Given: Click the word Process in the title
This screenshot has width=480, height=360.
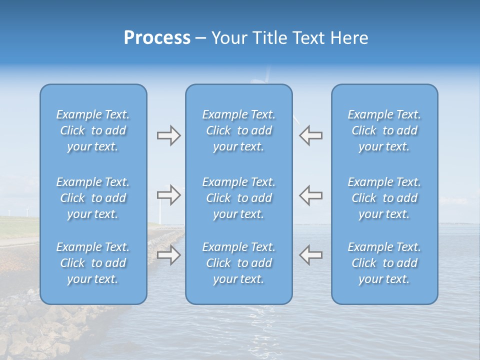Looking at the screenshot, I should pos(157,38).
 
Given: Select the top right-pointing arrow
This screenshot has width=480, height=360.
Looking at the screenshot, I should pos(168,135).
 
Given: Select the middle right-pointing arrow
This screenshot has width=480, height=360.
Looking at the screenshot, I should pos(168,195).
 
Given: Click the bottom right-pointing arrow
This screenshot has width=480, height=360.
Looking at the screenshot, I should pos(168,255).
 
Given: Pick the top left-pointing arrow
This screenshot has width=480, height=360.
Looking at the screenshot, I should pos(310,135).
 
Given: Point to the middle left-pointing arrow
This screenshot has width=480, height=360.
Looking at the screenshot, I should pos(310,195).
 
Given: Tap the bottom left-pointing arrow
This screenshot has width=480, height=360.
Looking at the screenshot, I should pos(310,254).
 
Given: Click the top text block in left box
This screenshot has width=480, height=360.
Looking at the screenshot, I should pos(93,130).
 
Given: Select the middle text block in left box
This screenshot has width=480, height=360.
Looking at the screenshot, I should pos(93,198).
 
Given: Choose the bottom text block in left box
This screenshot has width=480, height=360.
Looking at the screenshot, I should pos(93,263).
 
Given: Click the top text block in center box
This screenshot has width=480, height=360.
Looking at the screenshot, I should pos(238,130).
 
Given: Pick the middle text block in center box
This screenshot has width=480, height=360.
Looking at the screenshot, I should pos(238,198).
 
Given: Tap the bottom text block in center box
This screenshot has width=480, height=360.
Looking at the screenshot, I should pos(238,263).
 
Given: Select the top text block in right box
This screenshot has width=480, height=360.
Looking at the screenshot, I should pos(384,130).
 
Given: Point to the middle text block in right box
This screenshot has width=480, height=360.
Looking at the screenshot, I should pos(384,198).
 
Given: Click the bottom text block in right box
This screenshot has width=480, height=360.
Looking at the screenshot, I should pos(384,263).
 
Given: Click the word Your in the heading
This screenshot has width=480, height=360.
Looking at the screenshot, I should pos(228,38).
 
